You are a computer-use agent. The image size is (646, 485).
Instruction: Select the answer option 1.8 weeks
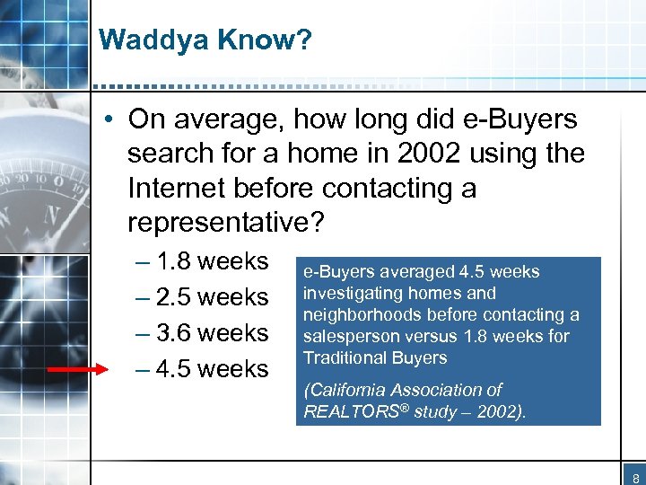point(212,261)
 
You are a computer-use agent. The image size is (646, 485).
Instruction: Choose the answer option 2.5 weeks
point(212,297)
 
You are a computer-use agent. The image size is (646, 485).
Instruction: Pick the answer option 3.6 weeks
point(212,333)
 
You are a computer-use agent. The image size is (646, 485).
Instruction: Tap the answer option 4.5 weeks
point(212,369)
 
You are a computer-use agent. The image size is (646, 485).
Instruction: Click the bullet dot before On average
point(110,120)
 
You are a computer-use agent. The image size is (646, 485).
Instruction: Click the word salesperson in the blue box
point(346,337)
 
